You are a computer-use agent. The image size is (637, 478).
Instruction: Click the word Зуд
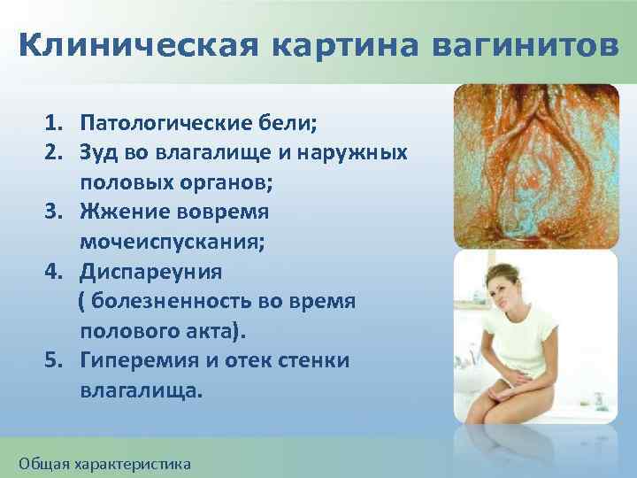point(98,153)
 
